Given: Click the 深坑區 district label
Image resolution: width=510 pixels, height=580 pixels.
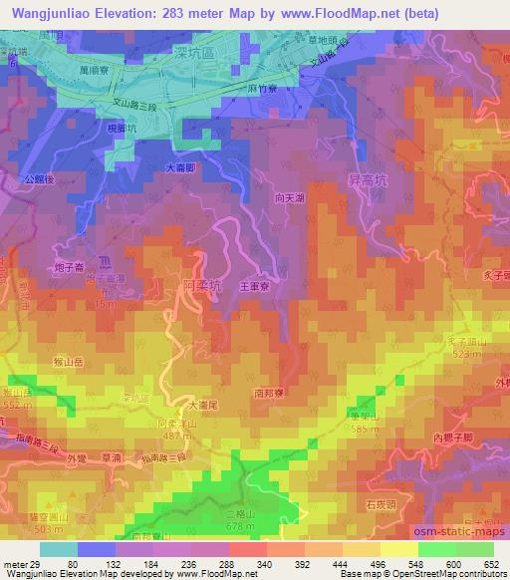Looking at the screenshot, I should pos(218,51).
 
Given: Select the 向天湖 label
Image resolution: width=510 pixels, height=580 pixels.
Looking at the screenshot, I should pos(290,197).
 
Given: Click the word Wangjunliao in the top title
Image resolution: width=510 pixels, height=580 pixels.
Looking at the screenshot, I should pos(47,10).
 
